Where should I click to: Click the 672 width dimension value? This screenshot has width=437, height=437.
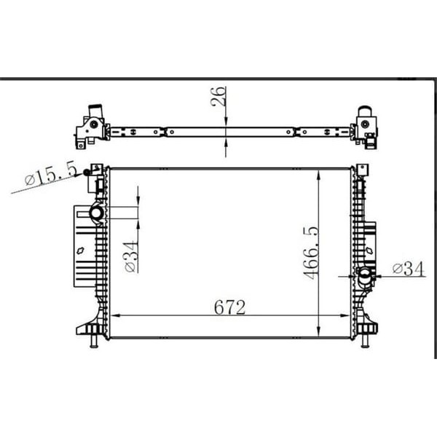(x=229, y=307)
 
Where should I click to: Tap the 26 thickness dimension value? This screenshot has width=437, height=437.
(x=219, y=97)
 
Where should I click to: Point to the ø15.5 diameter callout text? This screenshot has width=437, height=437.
(x=51, y=175)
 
